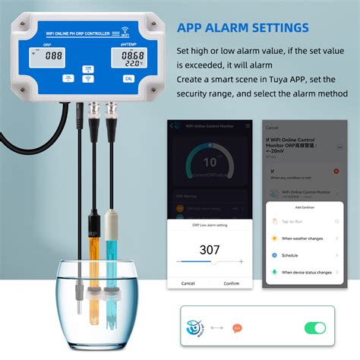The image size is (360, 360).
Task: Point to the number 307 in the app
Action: pyautogui.click(x=210, y=249)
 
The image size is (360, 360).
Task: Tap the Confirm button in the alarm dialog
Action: pyautogui.click(x=232, y=283)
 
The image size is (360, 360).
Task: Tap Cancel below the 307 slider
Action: pyautogui.click(x=188, y=283)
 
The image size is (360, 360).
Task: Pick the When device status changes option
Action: pyautogui.click(x=306, y=272)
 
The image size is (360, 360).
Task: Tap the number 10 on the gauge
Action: pyautogui.click(x=210, y=162)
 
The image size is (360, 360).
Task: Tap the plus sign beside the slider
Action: pyautogui.click(x=242, y=261)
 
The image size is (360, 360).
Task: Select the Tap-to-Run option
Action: pyautogui.click(x=295, y=221)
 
